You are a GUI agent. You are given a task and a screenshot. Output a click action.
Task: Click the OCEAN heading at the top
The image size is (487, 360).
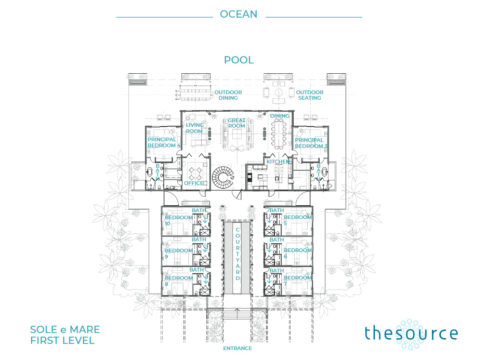coord(239,14)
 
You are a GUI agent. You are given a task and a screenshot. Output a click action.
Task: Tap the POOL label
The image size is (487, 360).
coord(239,60)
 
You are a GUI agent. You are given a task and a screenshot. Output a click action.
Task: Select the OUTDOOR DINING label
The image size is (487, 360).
coord(228,95)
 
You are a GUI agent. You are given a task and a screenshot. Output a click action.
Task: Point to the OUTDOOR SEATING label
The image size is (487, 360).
coord(310,95)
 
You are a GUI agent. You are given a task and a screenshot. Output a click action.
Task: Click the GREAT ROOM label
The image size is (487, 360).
coord(236,123)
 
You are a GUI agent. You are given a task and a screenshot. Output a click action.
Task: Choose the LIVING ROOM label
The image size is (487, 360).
coord(195,128)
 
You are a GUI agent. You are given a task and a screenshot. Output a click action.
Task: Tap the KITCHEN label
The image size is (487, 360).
coord(278,162)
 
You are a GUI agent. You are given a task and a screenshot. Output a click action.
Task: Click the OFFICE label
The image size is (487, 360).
coord(194,183)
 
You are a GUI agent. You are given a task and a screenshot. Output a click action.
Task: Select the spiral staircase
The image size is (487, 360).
coord(223,178)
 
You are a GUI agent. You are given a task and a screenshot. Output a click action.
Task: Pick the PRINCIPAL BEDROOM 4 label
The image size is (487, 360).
coord(164,142)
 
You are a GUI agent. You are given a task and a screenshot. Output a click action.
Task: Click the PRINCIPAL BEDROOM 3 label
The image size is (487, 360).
coord(311,143)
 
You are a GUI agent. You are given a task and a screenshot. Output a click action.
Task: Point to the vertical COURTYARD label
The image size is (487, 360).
coord(238,254)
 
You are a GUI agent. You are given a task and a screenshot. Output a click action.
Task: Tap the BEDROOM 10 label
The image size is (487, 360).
coord(179,220)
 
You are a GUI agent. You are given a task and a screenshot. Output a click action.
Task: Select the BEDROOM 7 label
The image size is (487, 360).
coord(298,281)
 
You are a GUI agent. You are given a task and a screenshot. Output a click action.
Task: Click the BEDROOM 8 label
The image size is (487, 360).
coord(179,281)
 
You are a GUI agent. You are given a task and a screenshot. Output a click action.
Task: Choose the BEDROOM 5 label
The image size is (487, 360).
coord(298,220)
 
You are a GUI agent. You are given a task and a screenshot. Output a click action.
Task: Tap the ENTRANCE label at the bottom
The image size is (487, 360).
coord(238,348)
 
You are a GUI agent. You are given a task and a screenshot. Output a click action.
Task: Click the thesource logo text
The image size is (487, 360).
coord(411,334)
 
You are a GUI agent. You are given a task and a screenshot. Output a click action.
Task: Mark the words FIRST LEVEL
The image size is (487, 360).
coord(62,340)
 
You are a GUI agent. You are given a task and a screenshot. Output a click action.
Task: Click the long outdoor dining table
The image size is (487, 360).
coord(195,95)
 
